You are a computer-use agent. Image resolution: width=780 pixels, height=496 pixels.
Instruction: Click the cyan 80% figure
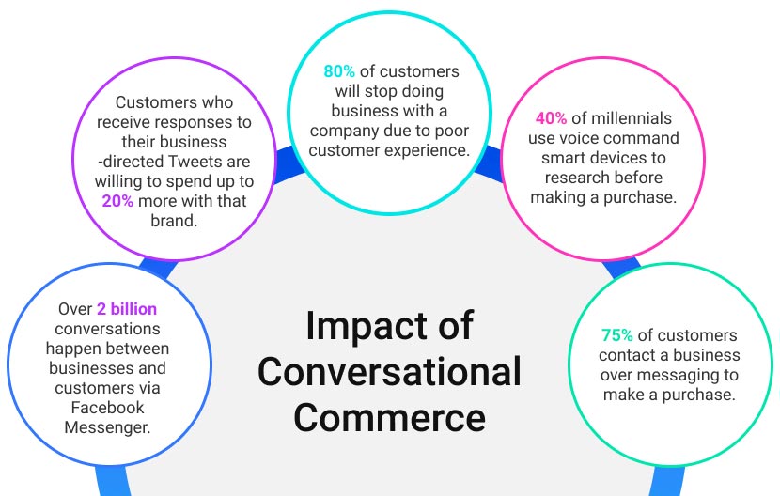[x=339, y=71]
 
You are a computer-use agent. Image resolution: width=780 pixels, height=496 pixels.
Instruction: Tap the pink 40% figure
[x=552, y=118]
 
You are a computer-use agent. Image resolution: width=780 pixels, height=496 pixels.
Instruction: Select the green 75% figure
[x=616, y=334]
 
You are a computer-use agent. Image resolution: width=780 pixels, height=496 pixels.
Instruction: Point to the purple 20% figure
[x=117, y=200]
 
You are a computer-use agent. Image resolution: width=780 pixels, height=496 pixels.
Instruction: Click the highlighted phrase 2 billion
[x=127, y=308]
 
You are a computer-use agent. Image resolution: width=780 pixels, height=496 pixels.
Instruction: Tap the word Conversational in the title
[x=389, y=371]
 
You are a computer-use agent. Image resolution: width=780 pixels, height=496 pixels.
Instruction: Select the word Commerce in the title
[x=389, y=417]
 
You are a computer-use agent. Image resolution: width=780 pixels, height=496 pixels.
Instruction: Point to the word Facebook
[x=107, y=408]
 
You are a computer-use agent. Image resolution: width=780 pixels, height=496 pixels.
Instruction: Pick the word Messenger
[x=107, y=427]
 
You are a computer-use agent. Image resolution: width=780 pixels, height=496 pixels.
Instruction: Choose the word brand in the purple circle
[x=174, y=221]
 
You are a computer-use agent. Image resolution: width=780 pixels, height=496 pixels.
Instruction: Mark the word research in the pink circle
[x=572, y=178]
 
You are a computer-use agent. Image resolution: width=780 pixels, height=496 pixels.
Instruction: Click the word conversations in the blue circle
[x=107, y=329]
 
